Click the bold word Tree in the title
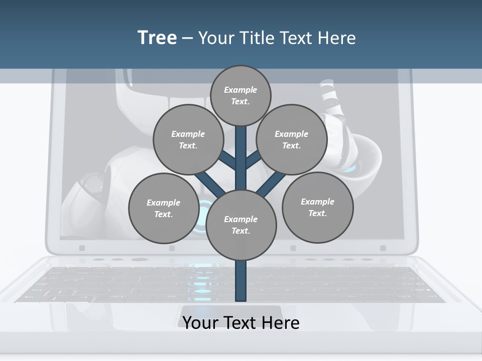[x=157, y=38]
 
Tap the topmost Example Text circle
[x=240, y=95]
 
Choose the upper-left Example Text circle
[x=188, y=139]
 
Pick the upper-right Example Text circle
[x=291, y=139]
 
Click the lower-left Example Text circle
[x=163, y=208]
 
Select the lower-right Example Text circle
[x=317, y=207]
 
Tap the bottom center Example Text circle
[x=241, y=225]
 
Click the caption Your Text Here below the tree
[x=241, y=323]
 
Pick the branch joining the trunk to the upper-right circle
[x=253, y=160]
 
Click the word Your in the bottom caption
[x=201, y=323]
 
